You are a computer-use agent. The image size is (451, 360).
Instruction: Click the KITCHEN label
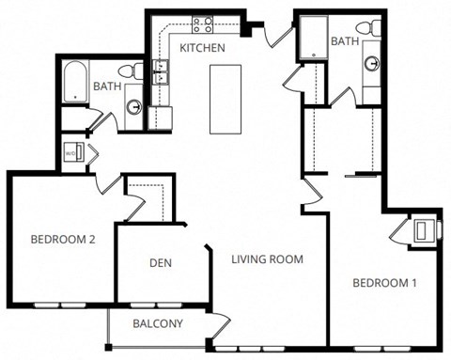[x=202, y=48]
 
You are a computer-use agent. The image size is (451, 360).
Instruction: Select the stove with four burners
[x=203, y=25]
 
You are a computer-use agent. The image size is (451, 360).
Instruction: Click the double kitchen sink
[x=162, y=71]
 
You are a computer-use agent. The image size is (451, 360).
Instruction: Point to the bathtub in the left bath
[x=75, y=83]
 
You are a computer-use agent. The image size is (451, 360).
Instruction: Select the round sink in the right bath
[x=373, y=64]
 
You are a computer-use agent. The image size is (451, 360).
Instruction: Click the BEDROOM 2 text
[x=62, y=240]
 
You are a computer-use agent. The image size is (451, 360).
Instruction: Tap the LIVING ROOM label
[x=268, y=259]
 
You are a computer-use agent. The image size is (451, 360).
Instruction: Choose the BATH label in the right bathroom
[x=344, y=40]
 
